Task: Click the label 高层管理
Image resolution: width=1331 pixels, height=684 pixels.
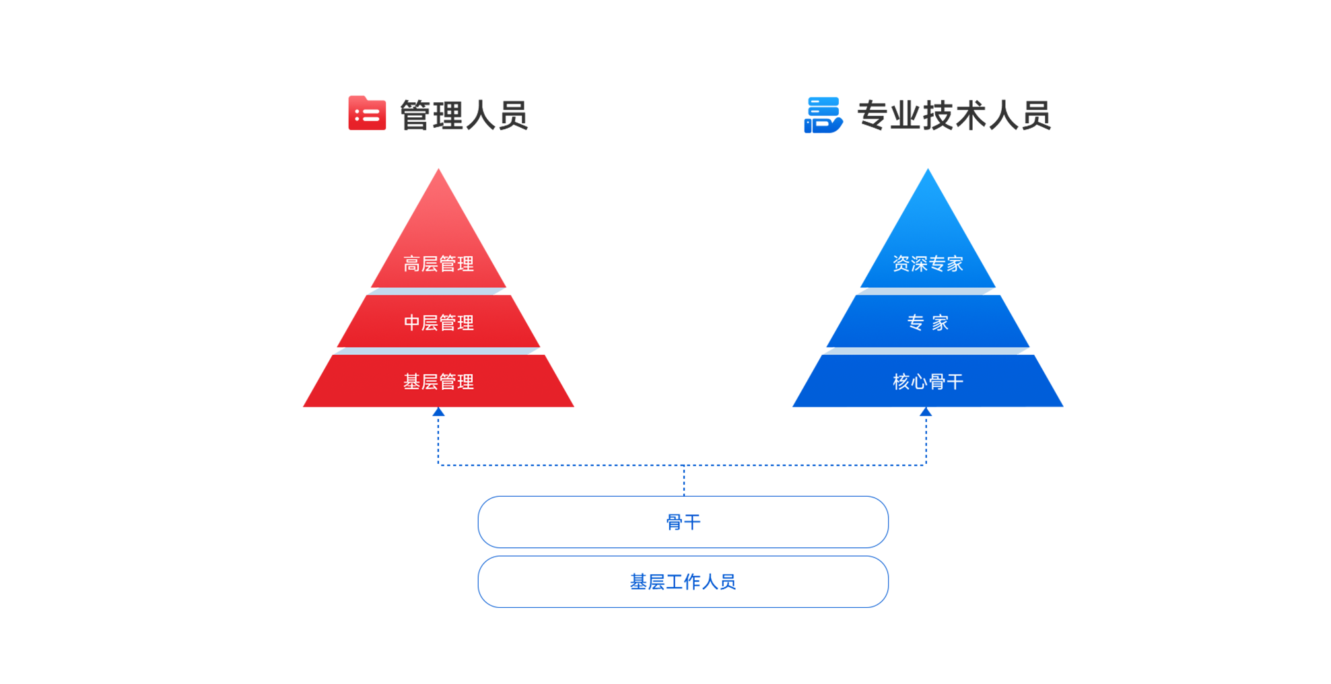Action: pyautogui.click(x=438, y=264)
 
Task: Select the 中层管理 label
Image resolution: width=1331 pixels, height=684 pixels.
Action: pyautogui.click(x=438, y=323)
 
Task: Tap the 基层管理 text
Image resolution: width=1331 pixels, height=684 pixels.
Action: pyautogui.click(x=438, y=382)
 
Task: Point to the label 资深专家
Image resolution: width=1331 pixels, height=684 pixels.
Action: pyautogui.click(x=928, y=264)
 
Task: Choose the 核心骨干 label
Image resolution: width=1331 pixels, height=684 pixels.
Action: pyautogui.click(x=928, y=382)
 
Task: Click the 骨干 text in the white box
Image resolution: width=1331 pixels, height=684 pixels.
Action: pyautogui.click(x=683, y=522)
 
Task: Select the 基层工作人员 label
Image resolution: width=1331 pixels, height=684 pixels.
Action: pyautogui.click(x=683, y=582)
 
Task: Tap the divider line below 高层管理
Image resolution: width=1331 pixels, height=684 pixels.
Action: pyautogui.click(x=436, y=292)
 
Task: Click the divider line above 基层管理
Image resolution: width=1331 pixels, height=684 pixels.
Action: pyautogui.click(x=438, y=351)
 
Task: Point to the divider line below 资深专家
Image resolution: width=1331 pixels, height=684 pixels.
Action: pyautogui.click(x=926, y=292)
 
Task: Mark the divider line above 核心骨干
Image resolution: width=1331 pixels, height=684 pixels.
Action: pyautogui.click(x=928, y=351)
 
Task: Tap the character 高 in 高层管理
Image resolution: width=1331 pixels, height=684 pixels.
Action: pyautogui.click(x=412, y=264)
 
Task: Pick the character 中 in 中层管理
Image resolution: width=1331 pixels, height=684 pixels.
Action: pyautogui.click(x=412, y=323)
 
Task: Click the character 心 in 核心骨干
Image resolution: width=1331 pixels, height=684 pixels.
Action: pyautogui.click(x=919, y=382)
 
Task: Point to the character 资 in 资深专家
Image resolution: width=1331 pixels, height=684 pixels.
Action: pyautogui.click(x=901, y=264)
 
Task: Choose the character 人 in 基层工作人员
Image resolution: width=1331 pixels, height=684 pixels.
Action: pyautogui.click(x=710, y=582)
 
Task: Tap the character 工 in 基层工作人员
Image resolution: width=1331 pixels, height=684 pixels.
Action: pyautogui.click(x=674, y=582)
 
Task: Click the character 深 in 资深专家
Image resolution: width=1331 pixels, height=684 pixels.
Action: pyautogui.click(x=919, y=264)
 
